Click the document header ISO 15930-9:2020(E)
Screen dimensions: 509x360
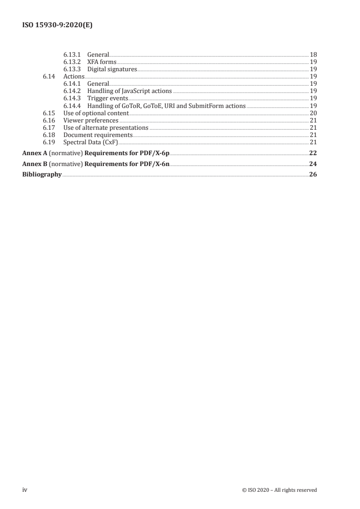point(58,26)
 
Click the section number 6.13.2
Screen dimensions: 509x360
point(72,62)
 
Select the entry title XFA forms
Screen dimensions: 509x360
point(102,62)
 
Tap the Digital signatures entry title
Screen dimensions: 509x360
point(112,69)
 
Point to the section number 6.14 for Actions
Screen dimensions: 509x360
point(49,76)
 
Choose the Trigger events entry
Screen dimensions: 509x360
point(108,98)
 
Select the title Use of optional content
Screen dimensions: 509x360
point(96,113)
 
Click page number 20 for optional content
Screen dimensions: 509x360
point(313,113)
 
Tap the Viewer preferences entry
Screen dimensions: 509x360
point(91,120)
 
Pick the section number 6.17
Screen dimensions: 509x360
point(49,127)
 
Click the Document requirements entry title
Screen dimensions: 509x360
point(98,135)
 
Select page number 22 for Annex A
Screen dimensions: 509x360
point(313,153)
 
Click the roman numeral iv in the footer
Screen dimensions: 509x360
point(25,489)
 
